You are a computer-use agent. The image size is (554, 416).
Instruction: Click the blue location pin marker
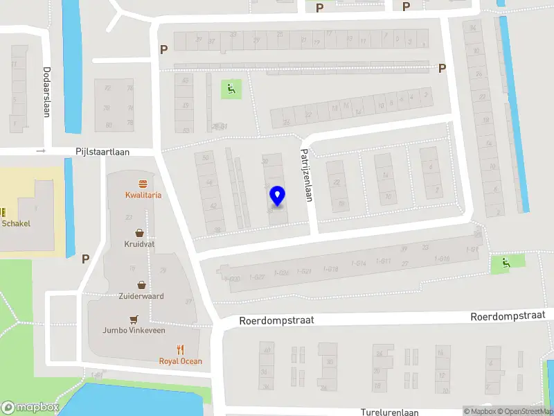277,196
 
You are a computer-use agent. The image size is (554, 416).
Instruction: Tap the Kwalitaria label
143,195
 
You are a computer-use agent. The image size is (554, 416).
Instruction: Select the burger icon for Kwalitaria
143,184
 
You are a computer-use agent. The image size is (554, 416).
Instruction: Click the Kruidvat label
140,245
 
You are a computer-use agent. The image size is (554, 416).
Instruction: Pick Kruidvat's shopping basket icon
140,233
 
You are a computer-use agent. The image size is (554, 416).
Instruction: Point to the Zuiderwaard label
141,296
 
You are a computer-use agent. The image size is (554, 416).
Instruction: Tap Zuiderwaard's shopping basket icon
141,284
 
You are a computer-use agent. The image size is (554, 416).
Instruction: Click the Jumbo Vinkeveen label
134,330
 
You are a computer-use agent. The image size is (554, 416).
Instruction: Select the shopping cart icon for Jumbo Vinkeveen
134,319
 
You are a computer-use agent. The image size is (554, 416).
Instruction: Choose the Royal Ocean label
181,361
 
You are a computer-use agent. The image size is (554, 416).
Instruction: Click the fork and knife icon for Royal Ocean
181,349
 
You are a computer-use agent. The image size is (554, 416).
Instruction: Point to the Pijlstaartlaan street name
103,151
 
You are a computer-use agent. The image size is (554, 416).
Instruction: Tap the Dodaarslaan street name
46,92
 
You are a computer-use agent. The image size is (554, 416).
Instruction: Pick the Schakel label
16,223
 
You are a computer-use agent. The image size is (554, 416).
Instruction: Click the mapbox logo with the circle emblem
29,408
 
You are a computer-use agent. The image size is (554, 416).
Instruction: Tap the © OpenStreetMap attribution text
524,412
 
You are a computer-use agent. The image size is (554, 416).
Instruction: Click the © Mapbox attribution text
479,412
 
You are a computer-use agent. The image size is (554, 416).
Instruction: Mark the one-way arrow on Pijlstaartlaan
41,151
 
